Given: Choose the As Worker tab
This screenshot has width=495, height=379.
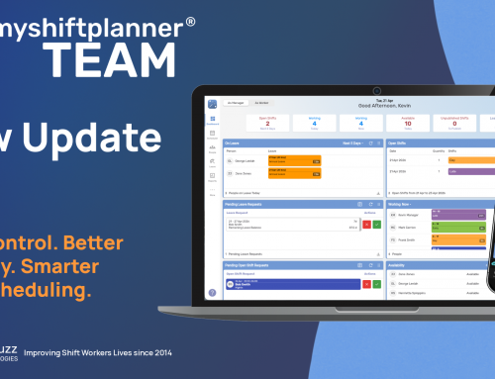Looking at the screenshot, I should (x=262, y=102).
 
